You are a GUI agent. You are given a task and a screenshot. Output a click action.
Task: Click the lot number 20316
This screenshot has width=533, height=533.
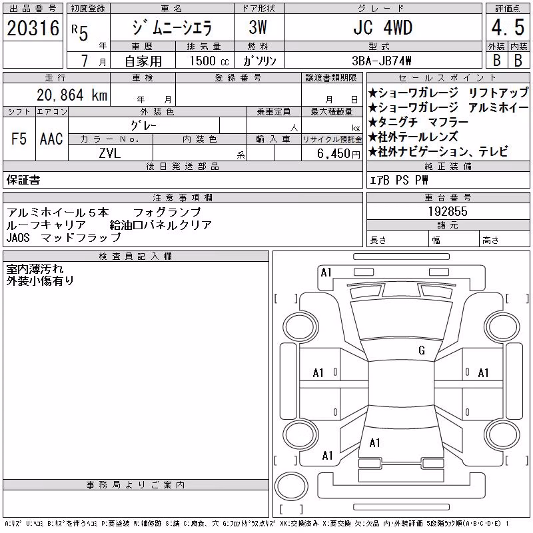tap(33, 28)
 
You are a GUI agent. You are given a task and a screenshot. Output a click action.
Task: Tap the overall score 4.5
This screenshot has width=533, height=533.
tap(508, 27)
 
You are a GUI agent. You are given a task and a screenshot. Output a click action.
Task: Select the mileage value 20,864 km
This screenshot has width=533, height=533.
tap(72, 95)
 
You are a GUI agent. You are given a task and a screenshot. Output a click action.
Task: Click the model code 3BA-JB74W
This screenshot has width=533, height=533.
tap(381, 61)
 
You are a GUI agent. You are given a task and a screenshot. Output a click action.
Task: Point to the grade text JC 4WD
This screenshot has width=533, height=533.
tap(382, 27)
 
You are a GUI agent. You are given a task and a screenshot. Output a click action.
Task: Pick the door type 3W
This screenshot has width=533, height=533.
tap(258, 27)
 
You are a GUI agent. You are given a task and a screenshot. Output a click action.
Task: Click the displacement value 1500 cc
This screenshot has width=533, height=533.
tap(209, 61)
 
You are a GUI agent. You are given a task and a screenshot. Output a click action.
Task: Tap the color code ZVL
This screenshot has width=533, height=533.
tap(110, 153)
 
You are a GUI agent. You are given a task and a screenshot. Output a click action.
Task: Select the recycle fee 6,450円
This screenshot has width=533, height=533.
tap(338, 154)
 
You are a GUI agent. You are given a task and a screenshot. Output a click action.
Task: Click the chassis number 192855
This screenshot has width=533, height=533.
tap(448, 211)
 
